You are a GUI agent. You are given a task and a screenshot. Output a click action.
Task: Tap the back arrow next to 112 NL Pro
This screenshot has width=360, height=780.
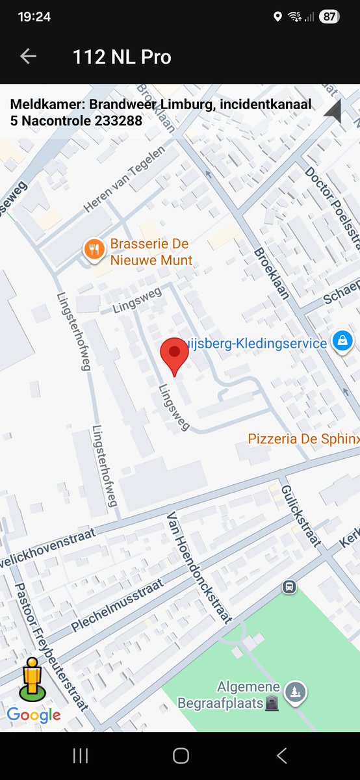point(28,57)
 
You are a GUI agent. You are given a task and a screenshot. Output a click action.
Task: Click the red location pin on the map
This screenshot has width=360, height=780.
point(174,355)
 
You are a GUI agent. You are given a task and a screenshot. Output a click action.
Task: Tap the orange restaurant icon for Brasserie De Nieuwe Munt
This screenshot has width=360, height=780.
point(94,248)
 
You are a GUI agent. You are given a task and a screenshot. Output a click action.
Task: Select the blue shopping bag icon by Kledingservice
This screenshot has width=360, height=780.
point(342,340)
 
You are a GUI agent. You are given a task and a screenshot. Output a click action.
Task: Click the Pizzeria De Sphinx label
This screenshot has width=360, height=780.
point(303,439)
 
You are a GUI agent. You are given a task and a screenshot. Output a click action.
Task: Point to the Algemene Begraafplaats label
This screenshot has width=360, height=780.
point(248,695)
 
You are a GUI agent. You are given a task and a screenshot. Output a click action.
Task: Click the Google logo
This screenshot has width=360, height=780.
point(34,715)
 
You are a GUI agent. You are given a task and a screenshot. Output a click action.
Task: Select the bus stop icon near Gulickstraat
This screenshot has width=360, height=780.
point(289,587)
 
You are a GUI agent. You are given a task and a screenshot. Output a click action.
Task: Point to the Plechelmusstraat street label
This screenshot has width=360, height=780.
point(117,604)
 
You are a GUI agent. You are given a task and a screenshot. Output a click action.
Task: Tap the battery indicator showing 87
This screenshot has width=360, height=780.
point(329,17)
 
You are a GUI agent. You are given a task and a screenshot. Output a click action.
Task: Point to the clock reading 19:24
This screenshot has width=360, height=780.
point(34,17)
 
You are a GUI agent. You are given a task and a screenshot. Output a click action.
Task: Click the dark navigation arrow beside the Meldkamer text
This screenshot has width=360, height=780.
point(333,112)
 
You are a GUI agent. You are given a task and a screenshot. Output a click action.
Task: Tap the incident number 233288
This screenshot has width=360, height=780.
point(120,120)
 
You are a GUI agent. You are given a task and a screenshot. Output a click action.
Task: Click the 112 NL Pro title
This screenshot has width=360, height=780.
point(122,57)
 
